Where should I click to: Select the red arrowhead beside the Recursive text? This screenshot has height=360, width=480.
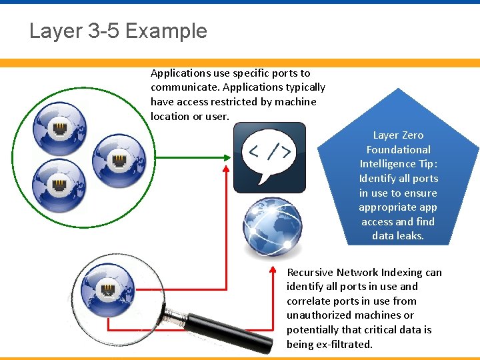pos(274,270)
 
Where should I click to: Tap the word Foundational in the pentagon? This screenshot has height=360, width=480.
pos(399,150)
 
